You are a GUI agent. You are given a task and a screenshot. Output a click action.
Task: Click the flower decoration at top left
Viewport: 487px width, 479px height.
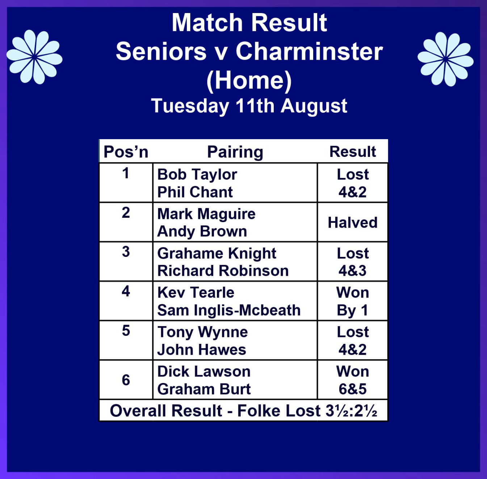click(34, 57)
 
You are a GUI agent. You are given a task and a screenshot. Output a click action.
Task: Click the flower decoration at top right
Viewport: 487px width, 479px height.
click(445, 59)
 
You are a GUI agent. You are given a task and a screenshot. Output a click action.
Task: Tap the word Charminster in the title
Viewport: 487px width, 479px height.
click(309, 52)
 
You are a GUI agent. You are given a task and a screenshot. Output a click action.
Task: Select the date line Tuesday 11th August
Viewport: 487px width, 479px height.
click(249, 106)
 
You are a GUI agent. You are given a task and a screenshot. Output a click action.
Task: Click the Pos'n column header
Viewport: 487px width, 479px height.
click(126, 152)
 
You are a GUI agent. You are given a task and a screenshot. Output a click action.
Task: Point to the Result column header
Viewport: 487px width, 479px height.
click(353, 152)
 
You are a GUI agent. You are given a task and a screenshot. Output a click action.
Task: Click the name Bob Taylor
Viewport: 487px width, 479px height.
click(197, 175)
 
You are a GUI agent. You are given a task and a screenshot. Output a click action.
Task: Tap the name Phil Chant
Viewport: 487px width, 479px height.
click(195, 192)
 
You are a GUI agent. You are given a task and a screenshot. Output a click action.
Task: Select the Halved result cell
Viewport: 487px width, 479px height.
click(353, 222)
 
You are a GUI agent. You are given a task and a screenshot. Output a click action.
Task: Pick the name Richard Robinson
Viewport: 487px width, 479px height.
click(223, 271)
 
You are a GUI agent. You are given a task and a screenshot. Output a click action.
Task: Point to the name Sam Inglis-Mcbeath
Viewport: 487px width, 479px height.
click(229, 310)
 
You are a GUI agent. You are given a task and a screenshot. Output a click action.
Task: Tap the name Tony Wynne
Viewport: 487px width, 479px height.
click(202, 333)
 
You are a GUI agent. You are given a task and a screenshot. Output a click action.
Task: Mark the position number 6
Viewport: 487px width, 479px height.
click(126, 380)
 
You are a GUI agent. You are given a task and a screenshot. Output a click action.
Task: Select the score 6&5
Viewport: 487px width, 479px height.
click(353, 389)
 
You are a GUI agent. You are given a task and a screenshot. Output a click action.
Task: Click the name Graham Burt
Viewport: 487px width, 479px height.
click(204, 389)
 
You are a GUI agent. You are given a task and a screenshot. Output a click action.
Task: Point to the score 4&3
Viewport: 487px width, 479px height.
click(353, 271)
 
